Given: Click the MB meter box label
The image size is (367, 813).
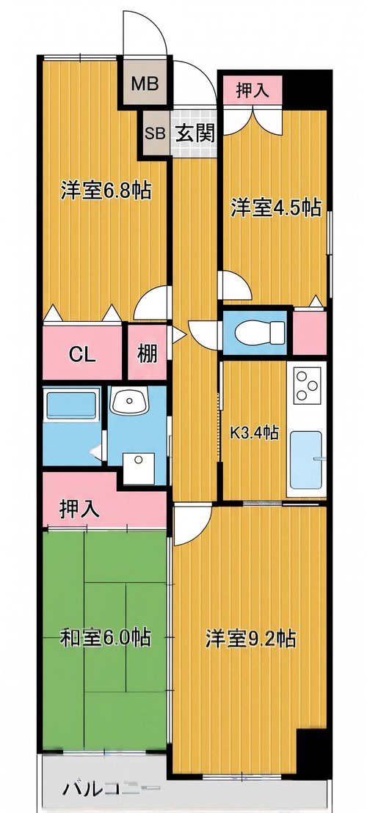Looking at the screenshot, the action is [x=145, y=84].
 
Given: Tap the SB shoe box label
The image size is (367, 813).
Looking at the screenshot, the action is [x=155, y=133].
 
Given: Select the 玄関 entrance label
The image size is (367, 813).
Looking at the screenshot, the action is [x=194, y=133].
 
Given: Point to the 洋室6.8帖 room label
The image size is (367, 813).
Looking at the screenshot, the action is [x=106, y=191].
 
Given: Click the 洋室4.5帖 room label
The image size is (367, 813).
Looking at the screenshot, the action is [x=275, y=208].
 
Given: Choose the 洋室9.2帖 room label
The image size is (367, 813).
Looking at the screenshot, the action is [x=251, y=639].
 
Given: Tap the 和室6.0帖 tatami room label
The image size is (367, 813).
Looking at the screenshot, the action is [x=106, y=637].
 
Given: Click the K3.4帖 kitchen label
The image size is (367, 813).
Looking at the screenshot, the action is [x=255, y=432].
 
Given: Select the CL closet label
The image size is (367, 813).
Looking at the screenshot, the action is [x=82, y=356].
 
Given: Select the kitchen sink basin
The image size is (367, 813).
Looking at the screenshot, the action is [x=306, y=460].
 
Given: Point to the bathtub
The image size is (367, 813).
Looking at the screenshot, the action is [x=72, y=405].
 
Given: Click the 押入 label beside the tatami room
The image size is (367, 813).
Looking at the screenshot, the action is [x=79, y=509].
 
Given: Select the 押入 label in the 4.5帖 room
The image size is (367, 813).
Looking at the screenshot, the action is [x=252, y=91].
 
